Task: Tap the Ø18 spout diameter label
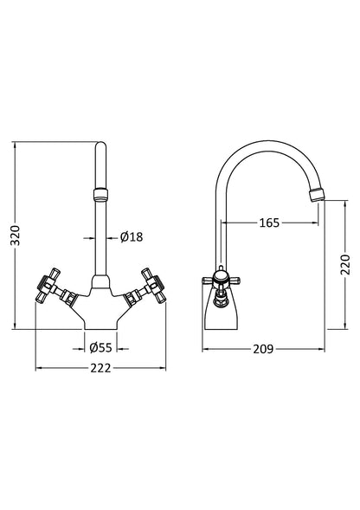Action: [131, 236]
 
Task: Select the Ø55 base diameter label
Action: [102, 348]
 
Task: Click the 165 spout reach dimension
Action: [268, 223]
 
